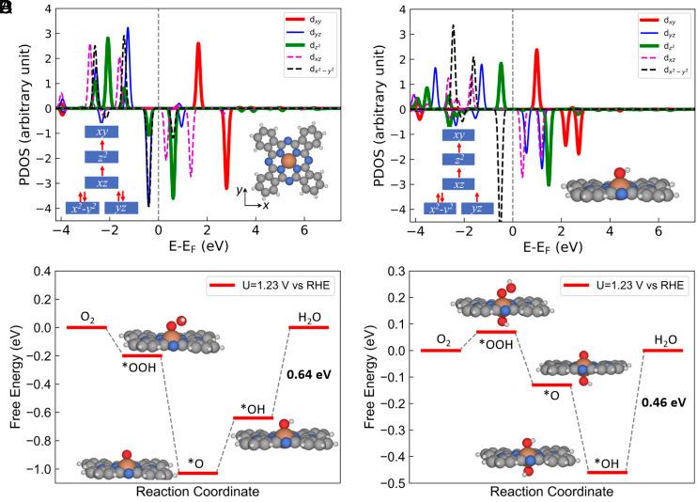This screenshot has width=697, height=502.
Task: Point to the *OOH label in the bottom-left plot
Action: click(x=141, y=367)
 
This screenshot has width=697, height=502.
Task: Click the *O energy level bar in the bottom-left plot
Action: click(x=198, y=473)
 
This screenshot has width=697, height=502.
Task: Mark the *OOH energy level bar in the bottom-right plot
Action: click(x=496, y=332)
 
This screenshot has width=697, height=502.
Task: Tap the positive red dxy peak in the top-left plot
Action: click(x=199, y=45)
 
